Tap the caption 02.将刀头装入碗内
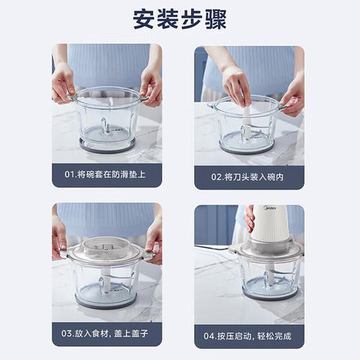click(x=248, y=175)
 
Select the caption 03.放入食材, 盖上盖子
click(x=107, y=336)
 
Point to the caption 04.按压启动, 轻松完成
click(x=249, y=336)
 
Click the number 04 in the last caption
click(x=211, y=336)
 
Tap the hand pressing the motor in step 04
click(x=249, y=217)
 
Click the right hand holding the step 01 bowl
click(x=150, y=84)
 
